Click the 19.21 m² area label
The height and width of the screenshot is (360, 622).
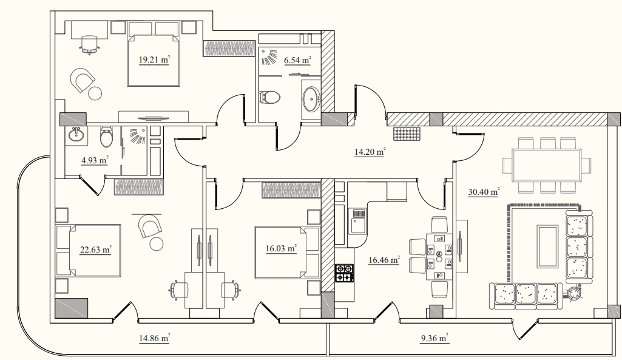point(154,60)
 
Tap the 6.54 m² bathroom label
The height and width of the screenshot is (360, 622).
point(297,61)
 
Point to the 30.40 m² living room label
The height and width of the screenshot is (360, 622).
point(484,192)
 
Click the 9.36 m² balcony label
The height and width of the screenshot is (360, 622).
point(434,339)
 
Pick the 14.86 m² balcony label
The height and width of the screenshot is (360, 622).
point(154,339)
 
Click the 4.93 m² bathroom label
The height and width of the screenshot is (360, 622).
point(95,161)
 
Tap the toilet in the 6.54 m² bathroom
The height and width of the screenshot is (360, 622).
point(270,97)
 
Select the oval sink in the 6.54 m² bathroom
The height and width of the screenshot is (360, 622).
point(311,98)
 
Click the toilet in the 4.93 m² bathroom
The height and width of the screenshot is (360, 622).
point(106,137)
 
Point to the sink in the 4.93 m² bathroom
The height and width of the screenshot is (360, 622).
point(76,135)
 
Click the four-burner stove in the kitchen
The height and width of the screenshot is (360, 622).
point(344,273)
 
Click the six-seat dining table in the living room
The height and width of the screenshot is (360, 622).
point(547,165)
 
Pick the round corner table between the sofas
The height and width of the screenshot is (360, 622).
point(573,294)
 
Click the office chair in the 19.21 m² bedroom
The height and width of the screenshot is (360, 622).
point(89,44)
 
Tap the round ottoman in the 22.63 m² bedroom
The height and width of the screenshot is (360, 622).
point(157,243)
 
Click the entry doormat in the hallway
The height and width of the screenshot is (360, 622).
point(407,134)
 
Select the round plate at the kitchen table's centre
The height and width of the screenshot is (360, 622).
point(439,254)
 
